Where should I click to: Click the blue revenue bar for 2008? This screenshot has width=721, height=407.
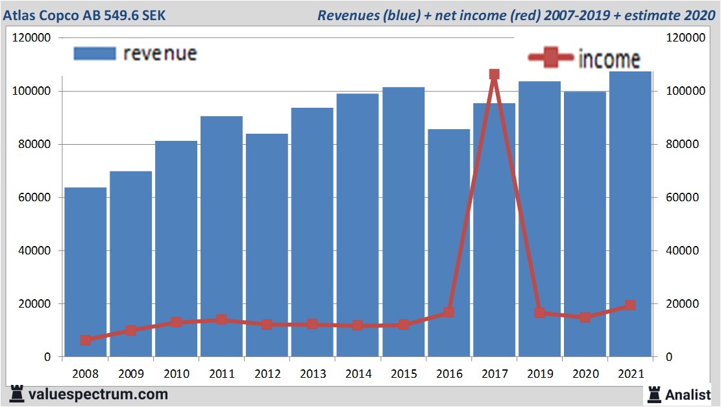85,273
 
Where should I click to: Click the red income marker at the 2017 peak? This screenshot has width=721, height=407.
494,75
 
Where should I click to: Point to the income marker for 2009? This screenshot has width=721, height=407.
131,330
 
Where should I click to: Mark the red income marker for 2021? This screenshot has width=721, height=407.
629,306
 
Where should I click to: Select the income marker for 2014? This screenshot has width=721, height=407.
358,325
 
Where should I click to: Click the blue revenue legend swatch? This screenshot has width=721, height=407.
95,54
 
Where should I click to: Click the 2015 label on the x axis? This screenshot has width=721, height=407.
403,374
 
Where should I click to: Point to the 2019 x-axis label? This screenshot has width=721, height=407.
539,374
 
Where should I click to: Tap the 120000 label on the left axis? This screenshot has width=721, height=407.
32,38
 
